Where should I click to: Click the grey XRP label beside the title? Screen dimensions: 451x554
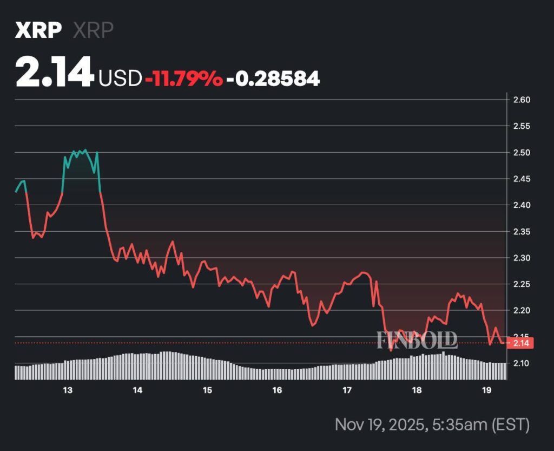(x=93, y=31)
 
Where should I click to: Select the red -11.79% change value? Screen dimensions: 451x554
(x=183, y=79)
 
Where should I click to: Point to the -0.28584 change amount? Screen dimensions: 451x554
(x=273, y=79)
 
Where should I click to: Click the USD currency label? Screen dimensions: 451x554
(x=120, y=79)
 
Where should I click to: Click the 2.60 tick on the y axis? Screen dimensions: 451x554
(x=522, y=100)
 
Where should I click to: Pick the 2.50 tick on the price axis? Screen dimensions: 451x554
(x=522, y=153)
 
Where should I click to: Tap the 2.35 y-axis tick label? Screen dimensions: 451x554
(x=522, y=232)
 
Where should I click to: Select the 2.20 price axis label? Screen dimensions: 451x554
(x=522, y=311)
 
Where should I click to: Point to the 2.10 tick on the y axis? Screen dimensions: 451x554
(x=522, y=363)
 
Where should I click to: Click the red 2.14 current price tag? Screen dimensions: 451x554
(x=522, y=343)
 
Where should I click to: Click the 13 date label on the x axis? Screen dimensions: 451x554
(x=68, y=390)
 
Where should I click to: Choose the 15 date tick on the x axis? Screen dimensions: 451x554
(x=207, y=390)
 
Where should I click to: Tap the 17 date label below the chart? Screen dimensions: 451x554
(x=347, y=390)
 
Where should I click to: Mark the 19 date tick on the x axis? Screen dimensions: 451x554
(x=486, y=390)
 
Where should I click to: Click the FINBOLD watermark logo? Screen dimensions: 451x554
(x=417, y=340)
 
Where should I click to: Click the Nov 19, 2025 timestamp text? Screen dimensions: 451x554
(x=432, y=424)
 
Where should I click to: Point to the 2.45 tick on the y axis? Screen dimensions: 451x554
(x=522, y=179)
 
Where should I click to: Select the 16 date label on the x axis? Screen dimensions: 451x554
(x=277, y=390)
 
